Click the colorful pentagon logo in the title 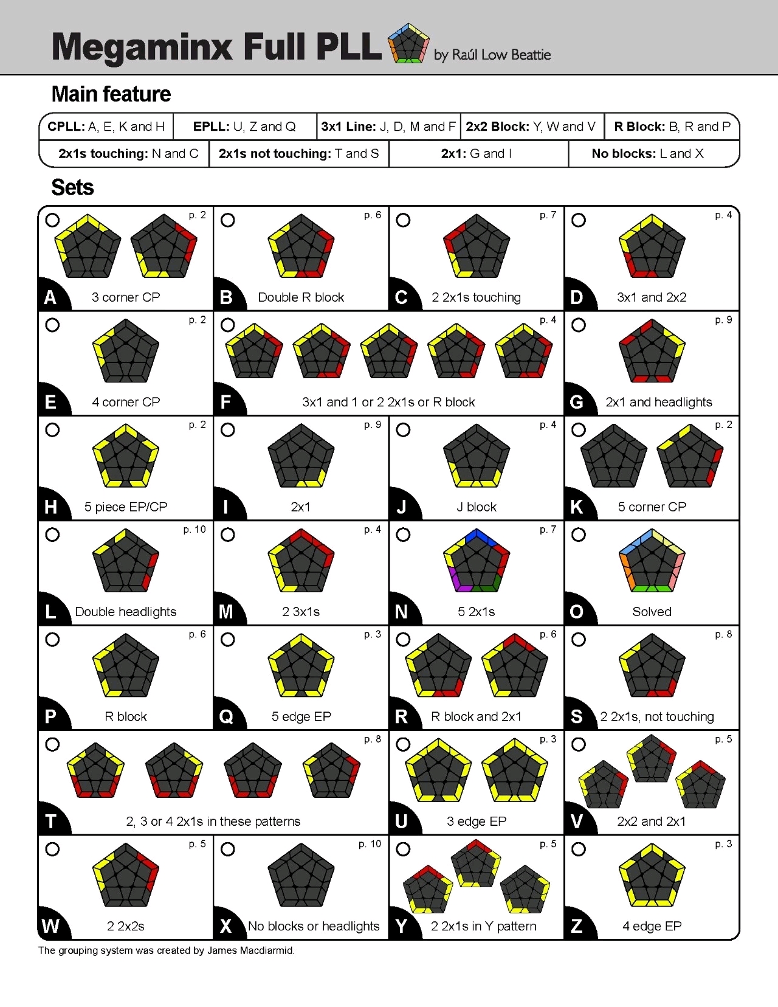click(408, 44)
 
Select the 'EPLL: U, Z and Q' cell click(244, 126)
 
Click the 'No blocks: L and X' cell click(647, 154)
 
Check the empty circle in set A click(53, 220)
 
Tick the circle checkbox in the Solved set click(579, 535)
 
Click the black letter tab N click(401, 612)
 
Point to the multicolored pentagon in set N click(477, 561)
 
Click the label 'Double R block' click(301, 297)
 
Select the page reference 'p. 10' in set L click(194, 530)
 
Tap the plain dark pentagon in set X click(301, 875)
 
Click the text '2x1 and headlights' click(658, 402)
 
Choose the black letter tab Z click(576, 926)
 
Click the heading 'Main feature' click(111, 94)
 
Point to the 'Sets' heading click(72, 187)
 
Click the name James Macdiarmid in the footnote click(250, 950)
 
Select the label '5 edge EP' click(301, 716)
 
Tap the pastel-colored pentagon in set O click(652, 561)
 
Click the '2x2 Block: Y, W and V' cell click(531, 126)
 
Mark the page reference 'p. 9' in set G click(723, 320)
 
